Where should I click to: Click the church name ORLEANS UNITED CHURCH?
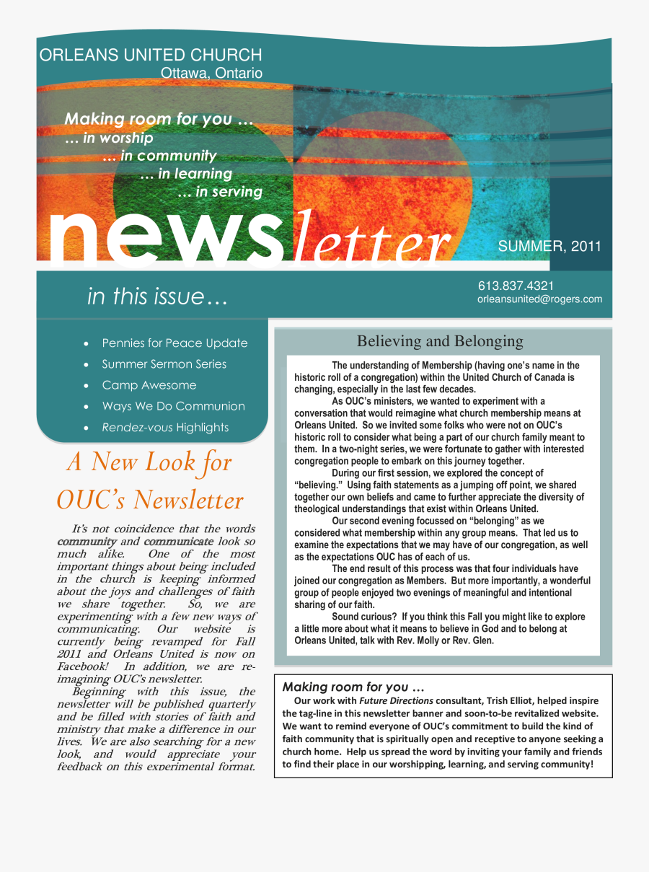(x=151, y=56)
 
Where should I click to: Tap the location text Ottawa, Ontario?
(x=211, y=73)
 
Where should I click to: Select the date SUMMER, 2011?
(x=549, y=247)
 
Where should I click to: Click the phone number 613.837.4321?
(x=516, y=286)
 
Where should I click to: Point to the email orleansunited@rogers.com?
(x=539, y=299)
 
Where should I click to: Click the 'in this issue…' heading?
(x=157, y=296)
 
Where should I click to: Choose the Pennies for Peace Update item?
(x=175, y=343)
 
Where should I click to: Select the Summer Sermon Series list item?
(x=164, y=364)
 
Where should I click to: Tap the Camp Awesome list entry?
(x=149, y=385)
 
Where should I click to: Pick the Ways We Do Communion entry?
(x=173, y=406)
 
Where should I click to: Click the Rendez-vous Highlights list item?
(x=165, y=428)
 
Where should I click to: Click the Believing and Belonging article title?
(x=440, y=341)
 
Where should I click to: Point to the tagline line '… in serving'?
(x=219, y=192)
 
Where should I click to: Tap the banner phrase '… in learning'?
(x=185, y=174)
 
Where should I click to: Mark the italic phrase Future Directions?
(x=396, y=700)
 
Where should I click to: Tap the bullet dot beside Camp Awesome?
(x=87, y=386)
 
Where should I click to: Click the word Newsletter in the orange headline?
(x=189, y=500)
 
